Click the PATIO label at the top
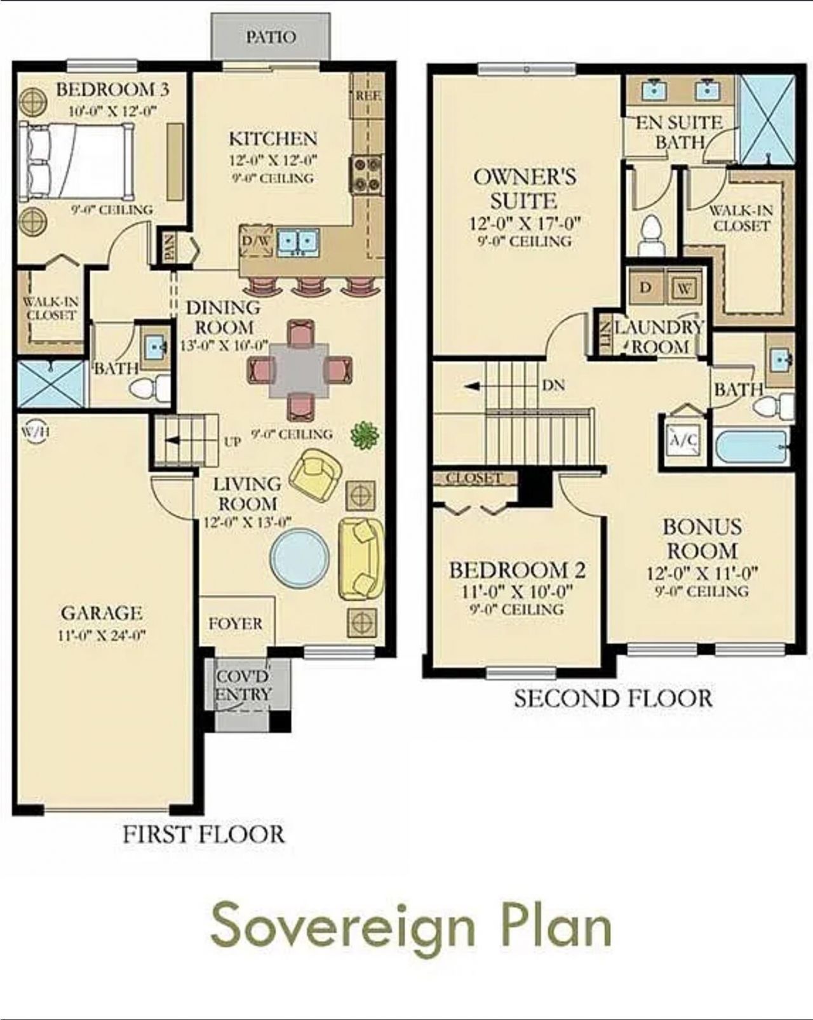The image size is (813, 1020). (x=271, y=37)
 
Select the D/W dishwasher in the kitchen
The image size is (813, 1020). (x=255, y=241)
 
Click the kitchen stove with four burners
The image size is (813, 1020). (x=366, y=174)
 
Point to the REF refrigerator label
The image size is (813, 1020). (x=368, y=96)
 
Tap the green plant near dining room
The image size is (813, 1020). (x=365, y=436)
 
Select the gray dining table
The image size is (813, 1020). (x=299, y=370)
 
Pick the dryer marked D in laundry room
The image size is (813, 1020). (x=645, y=287)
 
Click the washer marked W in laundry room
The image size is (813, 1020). (x=684, y=288)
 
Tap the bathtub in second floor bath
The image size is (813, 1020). (x=751, y=447)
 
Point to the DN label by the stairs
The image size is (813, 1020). (x=554, y=386)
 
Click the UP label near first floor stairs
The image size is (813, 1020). (x=232, y=441)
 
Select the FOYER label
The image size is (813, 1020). (x=235, y=624)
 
